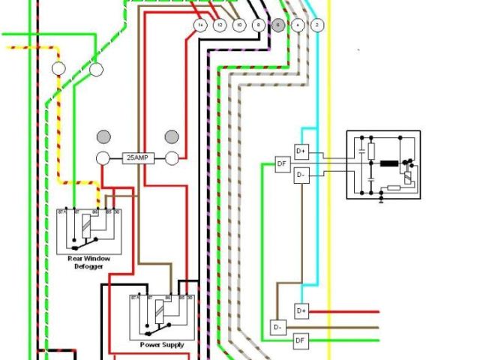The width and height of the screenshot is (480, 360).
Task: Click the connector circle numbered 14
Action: click(x=200, y=25)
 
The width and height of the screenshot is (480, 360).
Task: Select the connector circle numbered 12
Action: click(x=220, y=25)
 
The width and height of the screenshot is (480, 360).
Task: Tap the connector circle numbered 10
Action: click(x=239, y=25)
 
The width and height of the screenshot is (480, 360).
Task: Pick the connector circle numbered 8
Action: click(x=259, y=25)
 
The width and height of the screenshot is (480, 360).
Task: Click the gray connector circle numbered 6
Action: click(x=278, y=25)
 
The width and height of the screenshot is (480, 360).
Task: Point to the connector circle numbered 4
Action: click(x=298, y=25)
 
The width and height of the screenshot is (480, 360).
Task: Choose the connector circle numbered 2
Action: click(x=317, y=25)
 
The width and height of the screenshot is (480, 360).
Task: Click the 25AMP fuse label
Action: click(x=137, y=159)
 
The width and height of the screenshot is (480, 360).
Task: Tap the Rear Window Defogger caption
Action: click(x=88, y=262)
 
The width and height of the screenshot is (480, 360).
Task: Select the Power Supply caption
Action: click(x=161, y=344)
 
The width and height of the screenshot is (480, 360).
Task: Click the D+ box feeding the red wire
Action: click(x=301, y=310)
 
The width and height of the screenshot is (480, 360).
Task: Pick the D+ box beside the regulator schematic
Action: click(x=301, y=151)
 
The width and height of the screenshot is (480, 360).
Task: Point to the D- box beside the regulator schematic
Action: click(x=301, y=175)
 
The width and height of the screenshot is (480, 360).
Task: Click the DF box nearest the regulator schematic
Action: click(x=282, y=163)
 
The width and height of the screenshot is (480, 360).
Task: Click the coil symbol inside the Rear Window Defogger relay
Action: click(x=88, y=223)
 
